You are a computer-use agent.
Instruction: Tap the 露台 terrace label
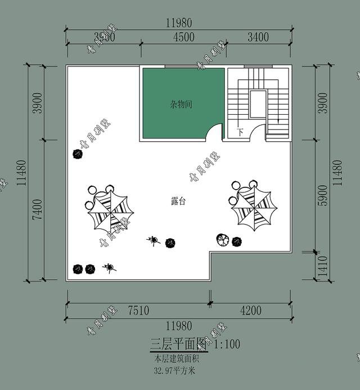[x=178, y=201]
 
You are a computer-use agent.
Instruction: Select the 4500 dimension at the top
[x=184, y=37]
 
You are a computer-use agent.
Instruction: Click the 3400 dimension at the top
[x=258, y=37]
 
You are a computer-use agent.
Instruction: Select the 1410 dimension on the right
[x=322, y=266]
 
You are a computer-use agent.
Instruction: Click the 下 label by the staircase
[x=240, y=133]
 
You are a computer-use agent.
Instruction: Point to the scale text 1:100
[x=227, y=344]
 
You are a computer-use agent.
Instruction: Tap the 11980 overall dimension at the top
[x=179, y=23]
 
